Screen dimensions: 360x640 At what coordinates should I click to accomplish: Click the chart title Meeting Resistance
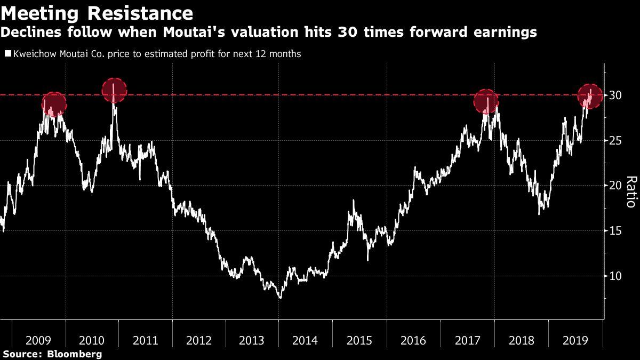pyautogui.click(x=97, y=12)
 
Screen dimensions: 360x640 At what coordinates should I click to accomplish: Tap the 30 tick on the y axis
pyautogui.click(x=616, y=95)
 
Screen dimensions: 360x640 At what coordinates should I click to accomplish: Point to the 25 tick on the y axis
pyautogui.click(x=616, y=140)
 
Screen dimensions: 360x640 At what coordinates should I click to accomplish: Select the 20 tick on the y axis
pyautogui.click(x=616, y=186)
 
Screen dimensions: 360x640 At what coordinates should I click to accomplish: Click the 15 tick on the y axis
pyautogui.click(x=616, y=231)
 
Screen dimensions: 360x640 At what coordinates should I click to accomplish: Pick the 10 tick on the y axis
pyautogui.click(x=616, y=276)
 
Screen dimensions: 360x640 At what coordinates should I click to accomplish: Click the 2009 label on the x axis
pyautogui.click(x=38, y=340)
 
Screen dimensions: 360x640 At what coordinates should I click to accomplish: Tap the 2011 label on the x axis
pyautogui.click(x=145, y=340)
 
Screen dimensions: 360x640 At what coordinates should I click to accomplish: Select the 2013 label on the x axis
pyautogui.click(x=252, y=340)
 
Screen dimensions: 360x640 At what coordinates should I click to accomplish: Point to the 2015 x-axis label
pyautogui.click(x=359, y=340)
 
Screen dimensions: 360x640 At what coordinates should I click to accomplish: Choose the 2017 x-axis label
pyautogui.click(x=467, y=340)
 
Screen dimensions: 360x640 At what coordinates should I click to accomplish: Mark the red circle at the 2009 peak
pyautogui.click(x=53, y=104)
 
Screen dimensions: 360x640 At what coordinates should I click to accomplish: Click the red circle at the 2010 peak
pyautogui.click(x=114, y=91)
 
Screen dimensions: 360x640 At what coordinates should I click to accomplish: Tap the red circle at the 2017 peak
pyautogui.click(x=486, y=101)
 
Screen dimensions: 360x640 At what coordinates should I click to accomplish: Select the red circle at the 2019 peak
pyautogui.click(x=590, y=96)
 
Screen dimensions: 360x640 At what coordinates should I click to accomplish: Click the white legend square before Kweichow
pyautogui.click(x=7, y=54)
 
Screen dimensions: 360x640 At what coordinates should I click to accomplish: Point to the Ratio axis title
pyautogui.click(x=630, y=191)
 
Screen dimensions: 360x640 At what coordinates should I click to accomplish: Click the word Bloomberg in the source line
pyautogui.click(x=75, y=354)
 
